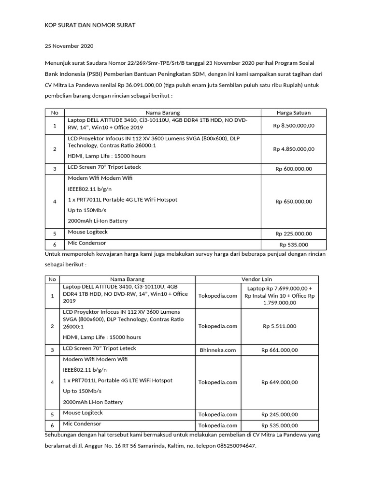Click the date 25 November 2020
tap(69, 46)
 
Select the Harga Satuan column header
tap(294, 113)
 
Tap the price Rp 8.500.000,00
tap(294, 125)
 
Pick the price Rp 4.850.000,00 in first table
tap(294, 149)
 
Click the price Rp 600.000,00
tap(294, 169)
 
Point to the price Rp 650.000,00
tap(294, 201)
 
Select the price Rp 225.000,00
tap(294, 233)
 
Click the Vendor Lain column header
tap(257, 279)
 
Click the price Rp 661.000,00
tap(280, 350)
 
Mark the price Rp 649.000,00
tap(280, 382)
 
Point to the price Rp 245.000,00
tap(280, 414)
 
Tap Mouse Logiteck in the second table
tap(83, 413)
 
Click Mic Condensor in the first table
tap(87, 243)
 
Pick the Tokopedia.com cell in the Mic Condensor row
tap(218, 425)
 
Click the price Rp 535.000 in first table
tap(294, 245)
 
